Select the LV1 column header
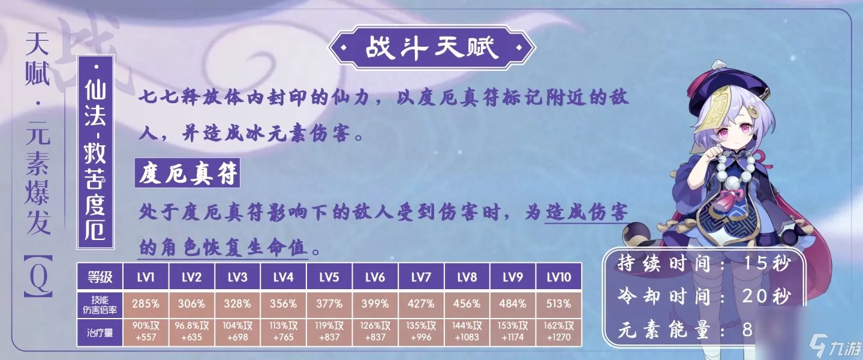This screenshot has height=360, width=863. [x=146, y=277]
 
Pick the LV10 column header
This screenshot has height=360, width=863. [x=558, y=277]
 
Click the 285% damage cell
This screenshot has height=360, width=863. [x=146, y=304]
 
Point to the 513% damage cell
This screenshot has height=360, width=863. [x=558, y=304]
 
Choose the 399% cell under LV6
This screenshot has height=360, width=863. [x=375, y=304]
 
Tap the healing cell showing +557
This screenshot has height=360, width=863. [x=146, y=331]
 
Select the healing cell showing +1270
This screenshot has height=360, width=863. [x=558, y=331]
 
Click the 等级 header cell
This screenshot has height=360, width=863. [x=100, y=277]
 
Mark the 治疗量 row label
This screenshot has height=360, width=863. [x=100, y=331]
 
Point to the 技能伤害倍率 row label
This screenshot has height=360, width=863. [x=100, y=304]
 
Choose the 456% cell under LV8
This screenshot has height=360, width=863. [x=467, y=304]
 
